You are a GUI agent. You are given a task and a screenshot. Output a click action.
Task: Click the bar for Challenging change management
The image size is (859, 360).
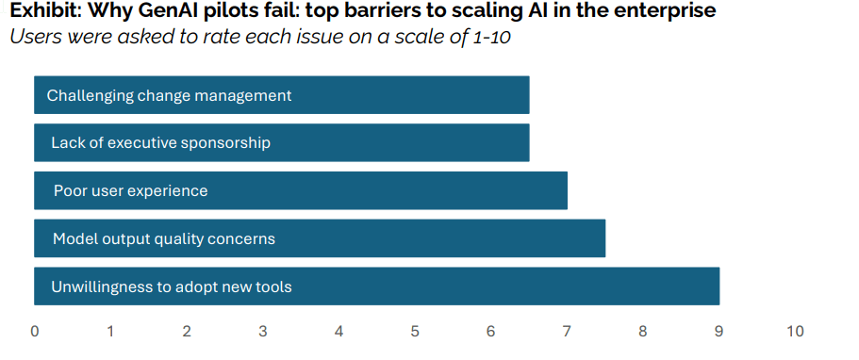coord(282,95)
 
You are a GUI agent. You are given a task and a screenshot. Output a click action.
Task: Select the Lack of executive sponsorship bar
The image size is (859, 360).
coord(282,142)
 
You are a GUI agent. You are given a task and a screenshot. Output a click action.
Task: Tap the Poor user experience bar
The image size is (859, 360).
coord(301,190)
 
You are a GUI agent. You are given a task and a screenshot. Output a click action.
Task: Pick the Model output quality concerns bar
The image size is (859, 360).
coord(320,238)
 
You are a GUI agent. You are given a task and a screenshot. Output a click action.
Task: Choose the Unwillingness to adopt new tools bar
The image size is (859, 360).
coord(377,286)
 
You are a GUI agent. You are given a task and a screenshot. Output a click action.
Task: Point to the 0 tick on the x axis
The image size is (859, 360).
coord(35,332)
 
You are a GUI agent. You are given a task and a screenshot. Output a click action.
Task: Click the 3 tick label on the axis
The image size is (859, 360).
coord(263,332)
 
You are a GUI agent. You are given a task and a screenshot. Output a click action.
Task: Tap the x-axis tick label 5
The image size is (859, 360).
coord(415,332)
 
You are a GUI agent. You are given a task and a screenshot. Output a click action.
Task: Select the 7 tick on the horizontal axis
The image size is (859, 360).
coord(567,332)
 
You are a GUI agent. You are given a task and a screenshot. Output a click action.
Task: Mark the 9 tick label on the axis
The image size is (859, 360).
coord(719,332)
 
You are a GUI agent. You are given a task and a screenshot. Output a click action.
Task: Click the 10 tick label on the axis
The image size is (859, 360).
coord(796,332)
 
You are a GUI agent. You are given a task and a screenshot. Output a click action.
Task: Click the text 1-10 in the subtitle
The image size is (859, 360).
coord(488,38)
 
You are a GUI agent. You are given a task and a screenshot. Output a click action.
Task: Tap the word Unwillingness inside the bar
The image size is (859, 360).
coord(90,287)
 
